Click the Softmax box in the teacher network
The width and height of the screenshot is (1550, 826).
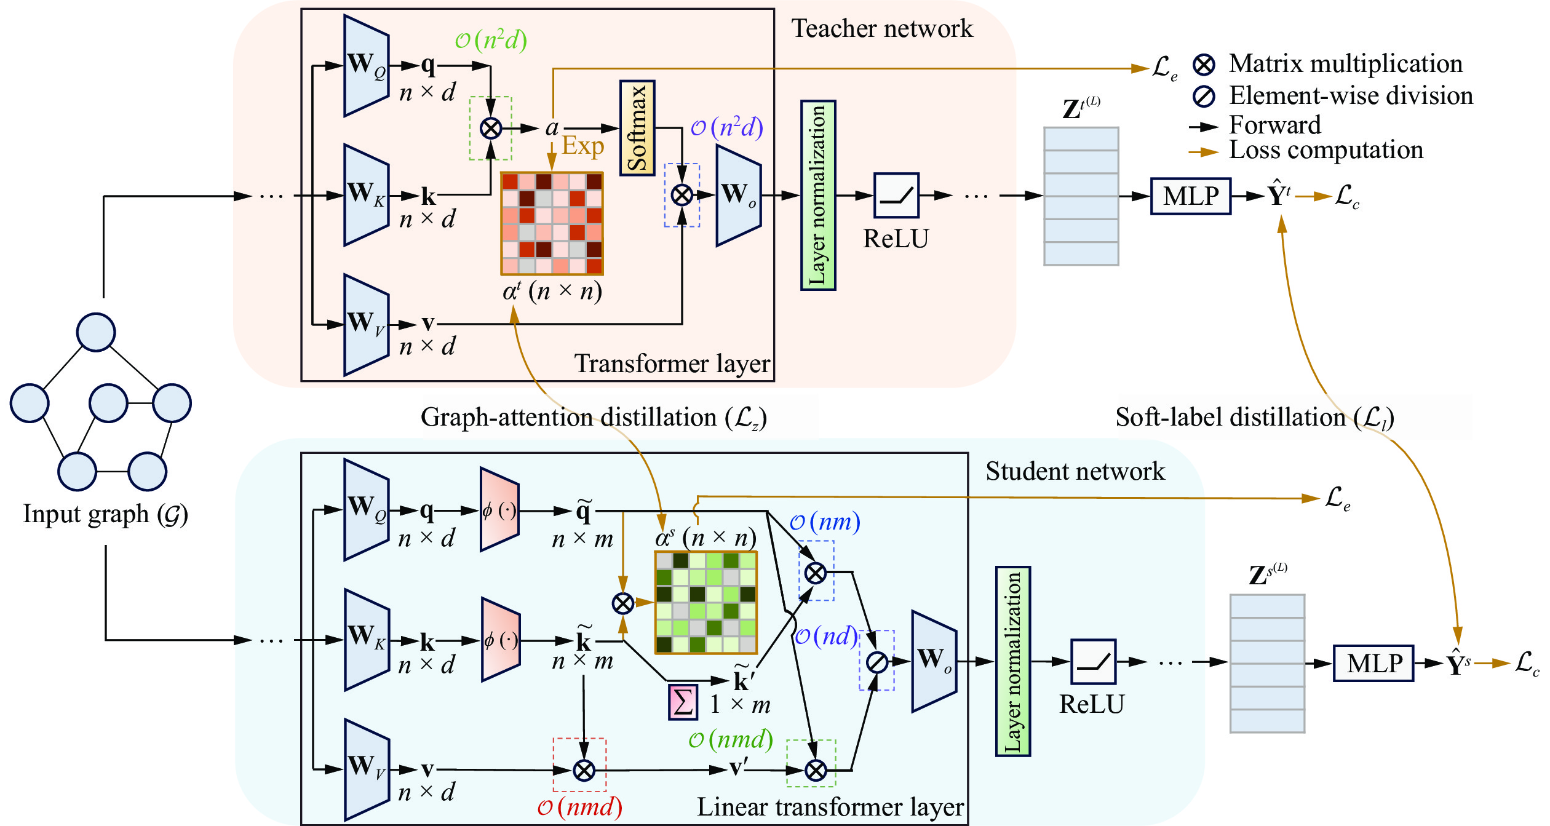[x=637, y=128]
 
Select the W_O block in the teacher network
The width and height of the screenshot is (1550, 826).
[x=738, y=196]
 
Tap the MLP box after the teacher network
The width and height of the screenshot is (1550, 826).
[x=1190, y=196]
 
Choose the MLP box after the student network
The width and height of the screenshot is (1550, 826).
[x=1373, y=663]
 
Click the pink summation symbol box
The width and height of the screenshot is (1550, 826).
[x=683, y=702]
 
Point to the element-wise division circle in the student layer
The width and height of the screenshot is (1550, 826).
[x=876, y=662]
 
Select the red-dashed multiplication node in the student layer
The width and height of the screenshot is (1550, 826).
[x=583, y=770]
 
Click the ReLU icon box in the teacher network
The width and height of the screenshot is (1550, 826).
[x=896, y=196]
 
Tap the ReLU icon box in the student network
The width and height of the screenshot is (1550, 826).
[x=1093, y=662]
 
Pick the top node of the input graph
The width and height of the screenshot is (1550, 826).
[x=96, y=332]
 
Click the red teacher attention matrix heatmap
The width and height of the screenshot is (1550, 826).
[x=552, y=223]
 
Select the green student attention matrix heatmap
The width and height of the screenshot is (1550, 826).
[x=705, y=602]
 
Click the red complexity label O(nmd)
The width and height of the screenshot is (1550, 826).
[x=579, y=807]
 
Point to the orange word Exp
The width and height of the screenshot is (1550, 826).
[x=582, y=146]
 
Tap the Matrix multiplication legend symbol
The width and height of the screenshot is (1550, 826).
[x=1204, y=64]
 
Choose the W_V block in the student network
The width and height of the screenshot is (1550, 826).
[x=367, y=769]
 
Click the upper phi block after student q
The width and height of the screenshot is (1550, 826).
[x=499, y=510]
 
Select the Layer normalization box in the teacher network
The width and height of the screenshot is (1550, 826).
[x=817, y=195]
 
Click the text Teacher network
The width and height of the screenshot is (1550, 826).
[x=881, y=28]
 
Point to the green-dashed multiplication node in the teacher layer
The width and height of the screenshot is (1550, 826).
[x=490, y=129]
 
